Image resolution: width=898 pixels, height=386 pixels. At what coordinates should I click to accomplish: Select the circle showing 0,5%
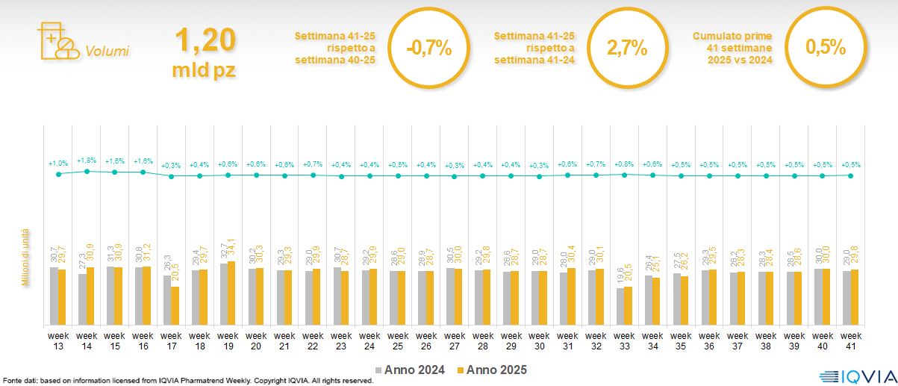coord(825,48)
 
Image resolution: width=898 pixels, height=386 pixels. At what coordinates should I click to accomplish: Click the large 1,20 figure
coord(205,40)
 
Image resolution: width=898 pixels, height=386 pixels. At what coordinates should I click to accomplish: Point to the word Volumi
coord(107,52)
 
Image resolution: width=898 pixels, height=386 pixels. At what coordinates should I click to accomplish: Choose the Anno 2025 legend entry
coord(492,370)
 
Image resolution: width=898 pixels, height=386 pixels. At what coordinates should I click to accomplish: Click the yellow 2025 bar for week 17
coord(175,306)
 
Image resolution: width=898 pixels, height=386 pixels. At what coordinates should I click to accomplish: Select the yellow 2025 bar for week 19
coord(231,293)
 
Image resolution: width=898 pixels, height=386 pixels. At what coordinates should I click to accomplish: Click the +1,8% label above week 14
coord(87,160)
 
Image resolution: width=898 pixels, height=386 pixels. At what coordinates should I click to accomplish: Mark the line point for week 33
coord(625,175)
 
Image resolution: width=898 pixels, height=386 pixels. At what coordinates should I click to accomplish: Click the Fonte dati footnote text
coord(187,381)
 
